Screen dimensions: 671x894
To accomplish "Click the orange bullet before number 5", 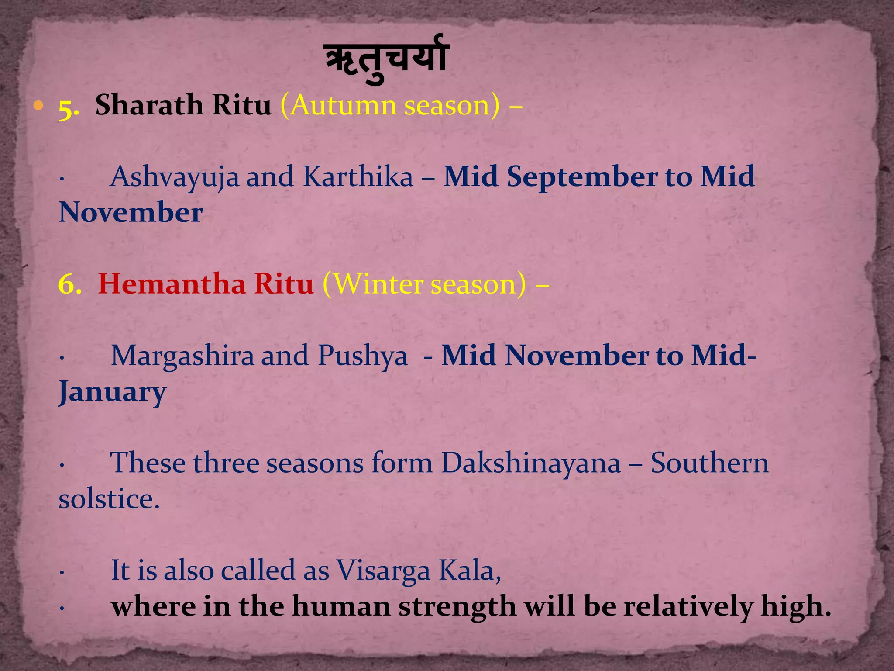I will (39, 105).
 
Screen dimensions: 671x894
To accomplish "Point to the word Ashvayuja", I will (174, 177).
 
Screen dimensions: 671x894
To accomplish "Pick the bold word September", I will (581, 177).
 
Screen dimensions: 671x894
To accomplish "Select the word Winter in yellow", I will (379, 284).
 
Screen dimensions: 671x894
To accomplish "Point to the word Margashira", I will (182, 356).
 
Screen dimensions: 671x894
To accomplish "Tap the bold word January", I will (112, 392).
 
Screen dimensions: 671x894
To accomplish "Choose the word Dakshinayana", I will (530, 463).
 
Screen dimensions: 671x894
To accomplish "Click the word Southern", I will (709, 463).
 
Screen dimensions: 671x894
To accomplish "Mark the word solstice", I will (109, 499).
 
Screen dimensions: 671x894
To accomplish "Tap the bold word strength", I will (457, 606).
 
